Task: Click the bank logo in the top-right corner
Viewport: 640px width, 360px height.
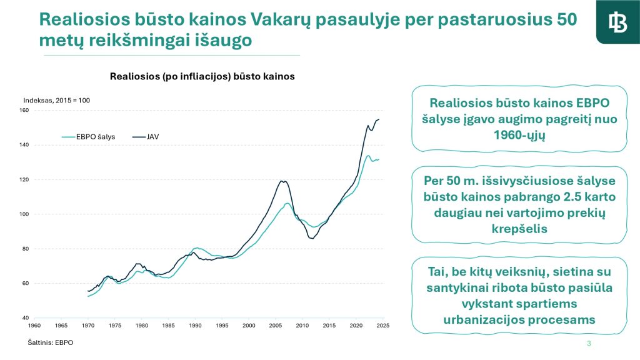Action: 617,22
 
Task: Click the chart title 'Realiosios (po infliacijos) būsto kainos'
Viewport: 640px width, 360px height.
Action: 202,76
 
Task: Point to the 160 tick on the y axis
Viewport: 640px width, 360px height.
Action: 24,111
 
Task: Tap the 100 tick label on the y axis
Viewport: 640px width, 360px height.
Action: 24,214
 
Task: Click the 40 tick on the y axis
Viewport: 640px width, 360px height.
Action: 26,318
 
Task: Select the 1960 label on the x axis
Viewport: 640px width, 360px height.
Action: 35,326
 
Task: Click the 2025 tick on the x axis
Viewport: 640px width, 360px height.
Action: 383,326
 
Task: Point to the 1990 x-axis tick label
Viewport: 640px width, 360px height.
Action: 196,326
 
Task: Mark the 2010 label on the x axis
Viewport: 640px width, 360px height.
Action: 302,326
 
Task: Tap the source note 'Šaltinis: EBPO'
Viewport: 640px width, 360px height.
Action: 50,343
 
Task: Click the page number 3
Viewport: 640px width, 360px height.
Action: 589,344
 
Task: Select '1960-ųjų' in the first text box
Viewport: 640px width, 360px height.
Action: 519,135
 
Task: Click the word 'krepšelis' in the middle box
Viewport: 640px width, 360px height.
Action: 519,229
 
